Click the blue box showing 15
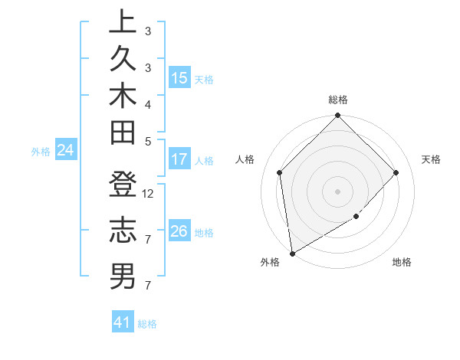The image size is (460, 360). tap(179, 77)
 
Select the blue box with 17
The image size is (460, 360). tap(179, 159)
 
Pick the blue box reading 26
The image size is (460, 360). tap(179, 231)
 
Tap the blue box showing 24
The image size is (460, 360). tap(66, 151)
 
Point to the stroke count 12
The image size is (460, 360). tap(149, 193)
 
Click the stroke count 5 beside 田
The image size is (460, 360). tap(148, 140)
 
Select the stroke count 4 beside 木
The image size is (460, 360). tap(148, 103)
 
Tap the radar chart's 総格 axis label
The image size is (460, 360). tap(338, 100)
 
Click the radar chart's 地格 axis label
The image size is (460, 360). tap(402, 263)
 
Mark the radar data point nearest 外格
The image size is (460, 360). tap(292, 254)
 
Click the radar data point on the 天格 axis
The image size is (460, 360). tap(396, 172)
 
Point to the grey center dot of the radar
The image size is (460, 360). tap(338, 191)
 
